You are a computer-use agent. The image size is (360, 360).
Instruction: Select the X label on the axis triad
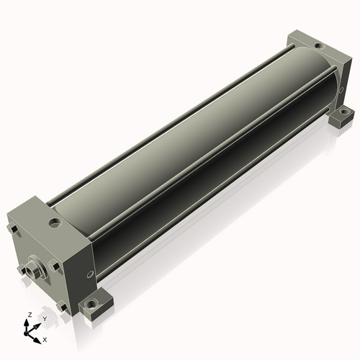tap(45, 340)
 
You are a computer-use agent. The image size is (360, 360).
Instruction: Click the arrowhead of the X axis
tap(37, 340)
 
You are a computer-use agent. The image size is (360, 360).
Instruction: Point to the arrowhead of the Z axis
tap(26, 323)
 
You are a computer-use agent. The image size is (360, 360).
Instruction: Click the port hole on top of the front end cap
tap(55, 222)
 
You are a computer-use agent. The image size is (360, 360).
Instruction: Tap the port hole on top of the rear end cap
tap(318, 45)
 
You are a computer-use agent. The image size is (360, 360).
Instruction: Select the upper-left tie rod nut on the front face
tap(12, 229)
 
